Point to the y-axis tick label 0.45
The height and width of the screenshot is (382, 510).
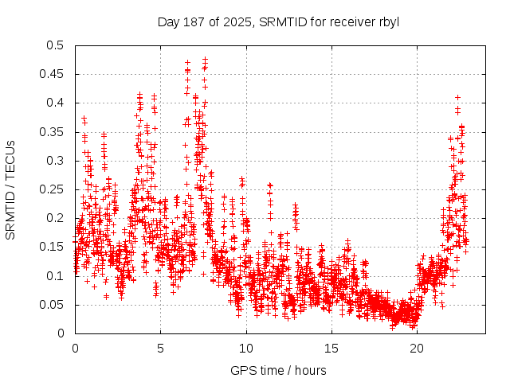[x=54, y=74]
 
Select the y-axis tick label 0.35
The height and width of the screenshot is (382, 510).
[x=54, y=132]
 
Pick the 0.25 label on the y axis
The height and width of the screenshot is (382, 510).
[x=54, y=189]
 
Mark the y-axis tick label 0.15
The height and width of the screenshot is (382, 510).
[x=54, y=247]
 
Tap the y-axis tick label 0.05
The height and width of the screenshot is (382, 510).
[x=54, y=305]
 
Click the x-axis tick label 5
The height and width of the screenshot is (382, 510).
[x=160, y=349]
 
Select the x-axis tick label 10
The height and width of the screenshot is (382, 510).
[x=246, y=349]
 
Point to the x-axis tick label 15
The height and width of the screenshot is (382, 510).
[x=331, y=349]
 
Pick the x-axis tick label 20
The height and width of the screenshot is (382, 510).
[x=417, y=349]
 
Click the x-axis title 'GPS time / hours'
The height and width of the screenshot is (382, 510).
[x=278, y=370]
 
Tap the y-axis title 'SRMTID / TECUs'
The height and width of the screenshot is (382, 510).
[x=10, y=189]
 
